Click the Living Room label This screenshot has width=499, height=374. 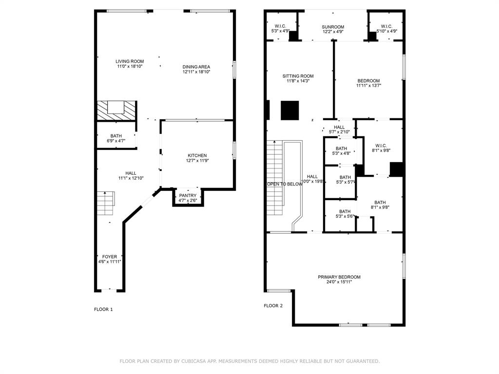130,64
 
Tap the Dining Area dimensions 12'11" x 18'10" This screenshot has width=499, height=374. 196,72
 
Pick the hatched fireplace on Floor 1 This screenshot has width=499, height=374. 116,111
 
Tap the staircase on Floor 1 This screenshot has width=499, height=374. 106,203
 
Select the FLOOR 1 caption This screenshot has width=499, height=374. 103,309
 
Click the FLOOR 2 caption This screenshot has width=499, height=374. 273,306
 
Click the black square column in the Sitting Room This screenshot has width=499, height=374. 289,111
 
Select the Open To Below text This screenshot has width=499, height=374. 284,184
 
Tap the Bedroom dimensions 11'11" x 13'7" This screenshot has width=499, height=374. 368,86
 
